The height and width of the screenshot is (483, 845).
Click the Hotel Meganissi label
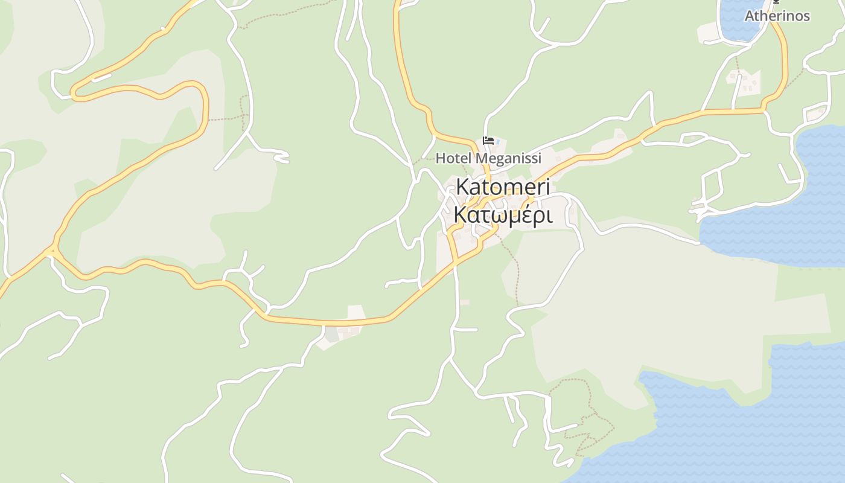tap(488, 158)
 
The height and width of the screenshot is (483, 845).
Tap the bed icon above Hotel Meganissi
tap(488, 141)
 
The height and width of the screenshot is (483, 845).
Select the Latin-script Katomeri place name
tap(503, 187)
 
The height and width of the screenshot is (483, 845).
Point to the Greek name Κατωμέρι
tap(503, 214)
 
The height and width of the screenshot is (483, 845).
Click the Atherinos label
tap(777, 16)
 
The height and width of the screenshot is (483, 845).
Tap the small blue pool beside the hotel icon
tap(498, 142)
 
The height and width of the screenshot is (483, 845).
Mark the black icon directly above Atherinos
tap(777, 2)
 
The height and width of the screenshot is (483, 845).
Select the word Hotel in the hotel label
tap(453, 158)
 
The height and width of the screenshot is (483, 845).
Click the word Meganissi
tap(508, 158)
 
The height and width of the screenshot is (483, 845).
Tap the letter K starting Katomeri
tap(462, 187)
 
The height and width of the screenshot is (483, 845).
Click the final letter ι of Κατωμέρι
tap(549, 215)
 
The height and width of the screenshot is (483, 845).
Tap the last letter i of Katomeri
tap(547, 187)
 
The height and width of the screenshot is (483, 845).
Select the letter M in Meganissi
tap(480, 158)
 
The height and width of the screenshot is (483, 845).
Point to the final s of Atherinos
tap(806, 16)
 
